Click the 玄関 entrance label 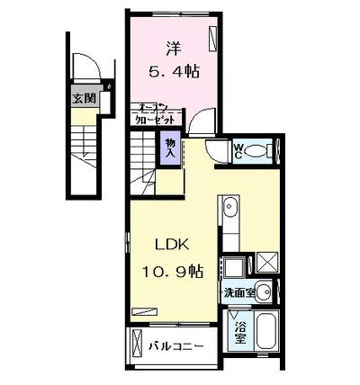(85, 99)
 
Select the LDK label (165, 244)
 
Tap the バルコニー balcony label (176, 345)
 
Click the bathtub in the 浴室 (267, 332)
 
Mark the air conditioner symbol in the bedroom (212, 40)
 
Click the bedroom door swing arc (194, 124)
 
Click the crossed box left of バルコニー (136, 345)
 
